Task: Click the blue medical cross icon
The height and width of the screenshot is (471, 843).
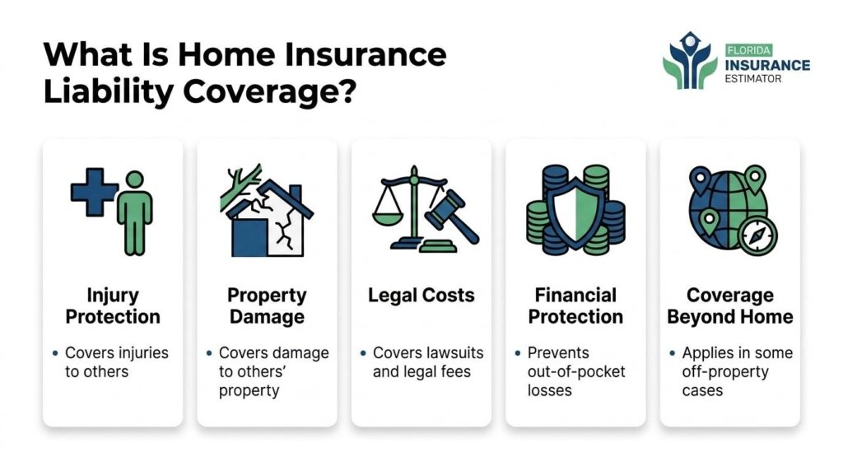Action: click(x=93, y=192)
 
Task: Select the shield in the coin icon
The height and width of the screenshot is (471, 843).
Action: click(x=575, y=210)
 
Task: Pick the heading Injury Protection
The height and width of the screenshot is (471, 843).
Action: click(x=113, y=305)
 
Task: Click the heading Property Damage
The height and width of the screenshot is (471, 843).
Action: click(x=267, y=305)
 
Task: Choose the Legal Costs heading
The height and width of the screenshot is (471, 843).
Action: click(x=421, y=296)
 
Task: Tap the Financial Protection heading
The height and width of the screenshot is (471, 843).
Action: click(x=575, y=305)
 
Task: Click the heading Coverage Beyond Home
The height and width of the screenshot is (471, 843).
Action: click(x=729, y=305)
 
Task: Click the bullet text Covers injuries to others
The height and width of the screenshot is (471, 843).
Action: click(x=116, y=361)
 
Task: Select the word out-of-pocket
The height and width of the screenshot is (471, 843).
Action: click(x=576, y=371)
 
